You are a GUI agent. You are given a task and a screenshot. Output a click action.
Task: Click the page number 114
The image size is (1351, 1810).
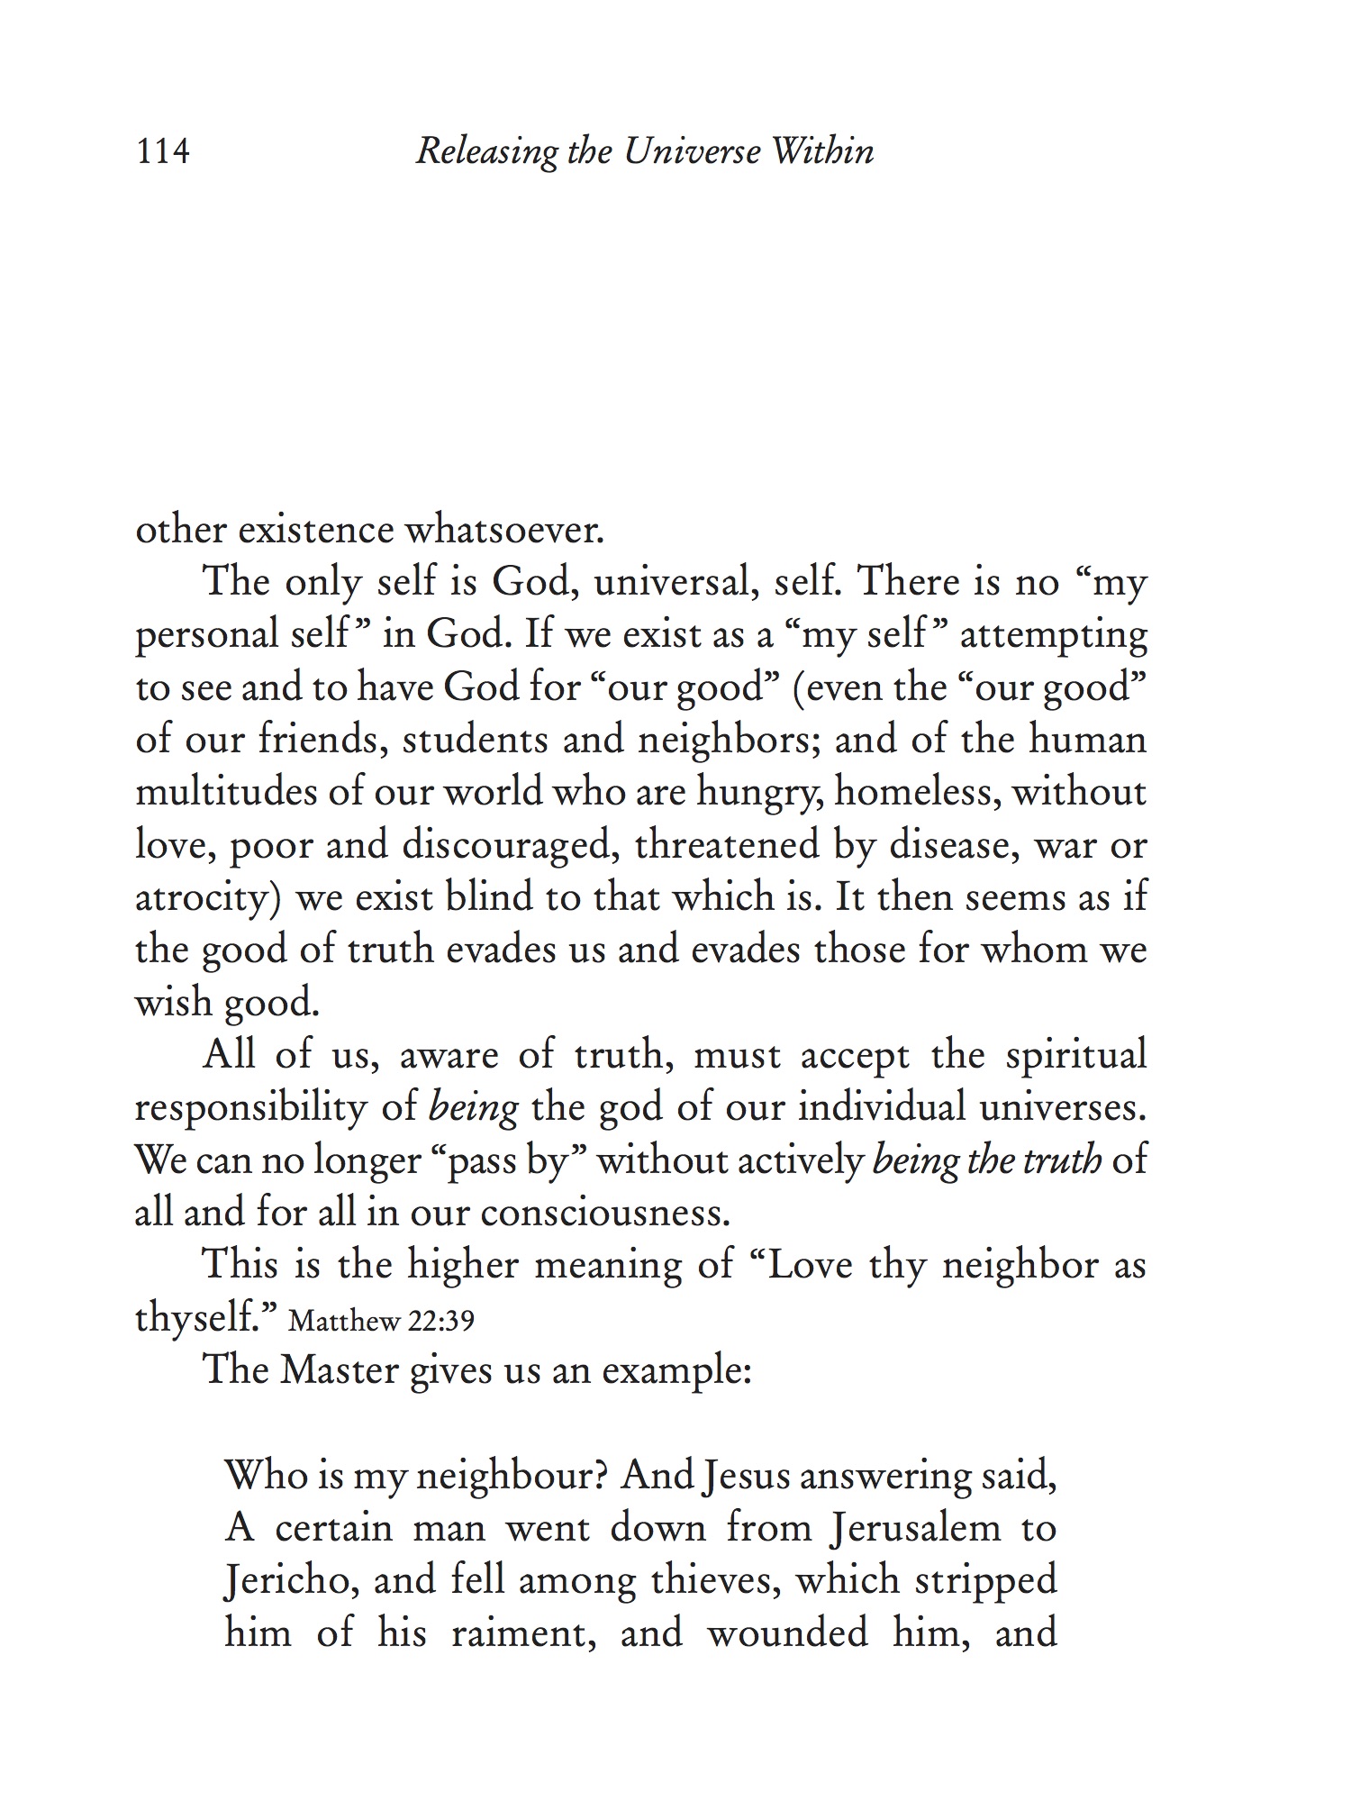point(163,151)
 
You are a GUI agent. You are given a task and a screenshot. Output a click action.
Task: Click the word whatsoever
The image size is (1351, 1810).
point(503,530)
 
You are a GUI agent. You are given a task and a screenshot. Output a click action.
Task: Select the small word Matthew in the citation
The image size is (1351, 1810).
point(345,1322)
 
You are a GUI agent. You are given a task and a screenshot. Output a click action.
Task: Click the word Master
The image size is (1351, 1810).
point(339,1370)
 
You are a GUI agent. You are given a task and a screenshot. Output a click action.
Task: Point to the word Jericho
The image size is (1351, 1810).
point(289,1581)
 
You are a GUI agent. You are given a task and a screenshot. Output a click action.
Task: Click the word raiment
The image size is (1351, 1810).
point(523,1633)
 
